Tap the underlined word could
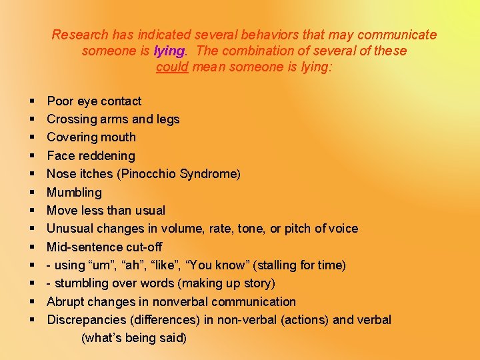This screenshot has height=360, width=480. [x=172, y=67]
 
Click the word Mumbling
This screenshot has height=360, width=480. [x=74, y=193]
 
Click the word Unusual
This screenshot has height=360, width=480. [x=69, y=229]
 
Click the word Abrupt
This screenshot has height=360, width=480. [x=66, y=302]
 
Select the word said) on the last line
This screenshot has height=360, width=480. [x=173, y=338]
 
